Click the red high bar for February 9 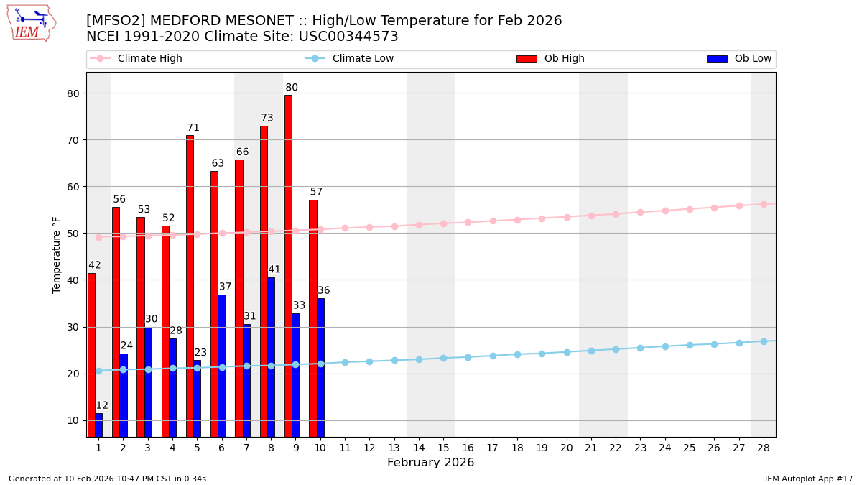tap(288, 266)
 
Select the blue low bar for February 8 tap(271, 357)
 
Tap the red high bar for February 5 tap(190, 286)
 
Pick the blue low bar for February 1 tap(98, 425)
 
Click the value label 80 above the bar tap(292, 88)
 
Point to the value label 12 tap(102, 405)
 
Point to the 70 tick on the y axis tap(73, 140)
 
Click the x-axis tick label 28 tap(764, 448)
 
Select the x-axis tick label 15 tap(443, 448)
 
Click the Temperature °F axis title tap(57, 254)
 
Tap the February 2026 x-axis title tap(431, 463)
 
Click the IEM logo tap(31, 23)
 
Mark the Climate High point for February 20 tap(567, 217)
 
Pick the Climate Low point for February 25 tap(690, 345)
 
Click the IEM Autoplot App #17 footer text tap(809, 479)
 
